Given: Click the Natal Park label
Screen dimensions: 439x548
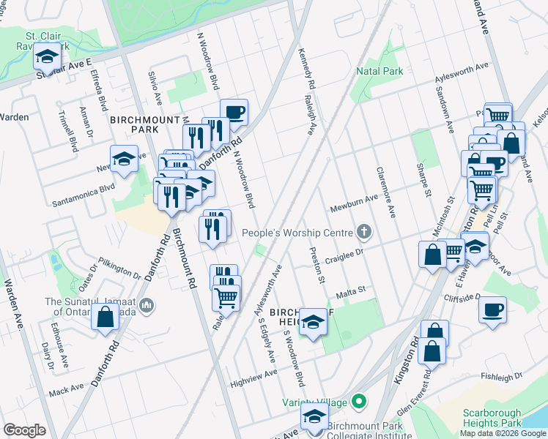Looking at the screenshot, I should coord(379,72).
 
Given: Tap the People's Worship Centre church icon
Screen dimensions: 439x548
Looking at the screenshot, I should coord(363,233).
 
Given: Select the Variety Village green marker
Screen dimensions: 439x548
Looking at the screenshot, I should coord(358,401).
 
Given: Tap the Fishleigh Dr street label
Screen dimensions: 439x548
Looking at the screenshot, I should coord(502,376).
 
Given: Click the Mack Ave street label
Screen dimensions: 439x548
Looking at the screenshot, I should coord(67,392).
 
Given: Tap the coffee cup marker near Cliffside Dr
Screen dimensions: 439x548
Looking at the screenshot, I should coord(493,308).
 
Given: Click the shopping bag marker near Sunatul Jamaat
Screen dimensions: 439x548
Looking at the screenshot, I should coord(105,316).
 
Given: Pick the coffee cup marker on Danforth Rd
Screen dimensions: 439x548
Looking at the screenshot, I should coord(234,112).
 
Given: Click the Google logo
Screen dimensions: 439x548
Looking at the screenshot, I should coord(24,429).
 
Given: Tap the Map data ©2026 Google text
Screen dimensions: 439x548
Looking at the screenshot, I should coord(503,433).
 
